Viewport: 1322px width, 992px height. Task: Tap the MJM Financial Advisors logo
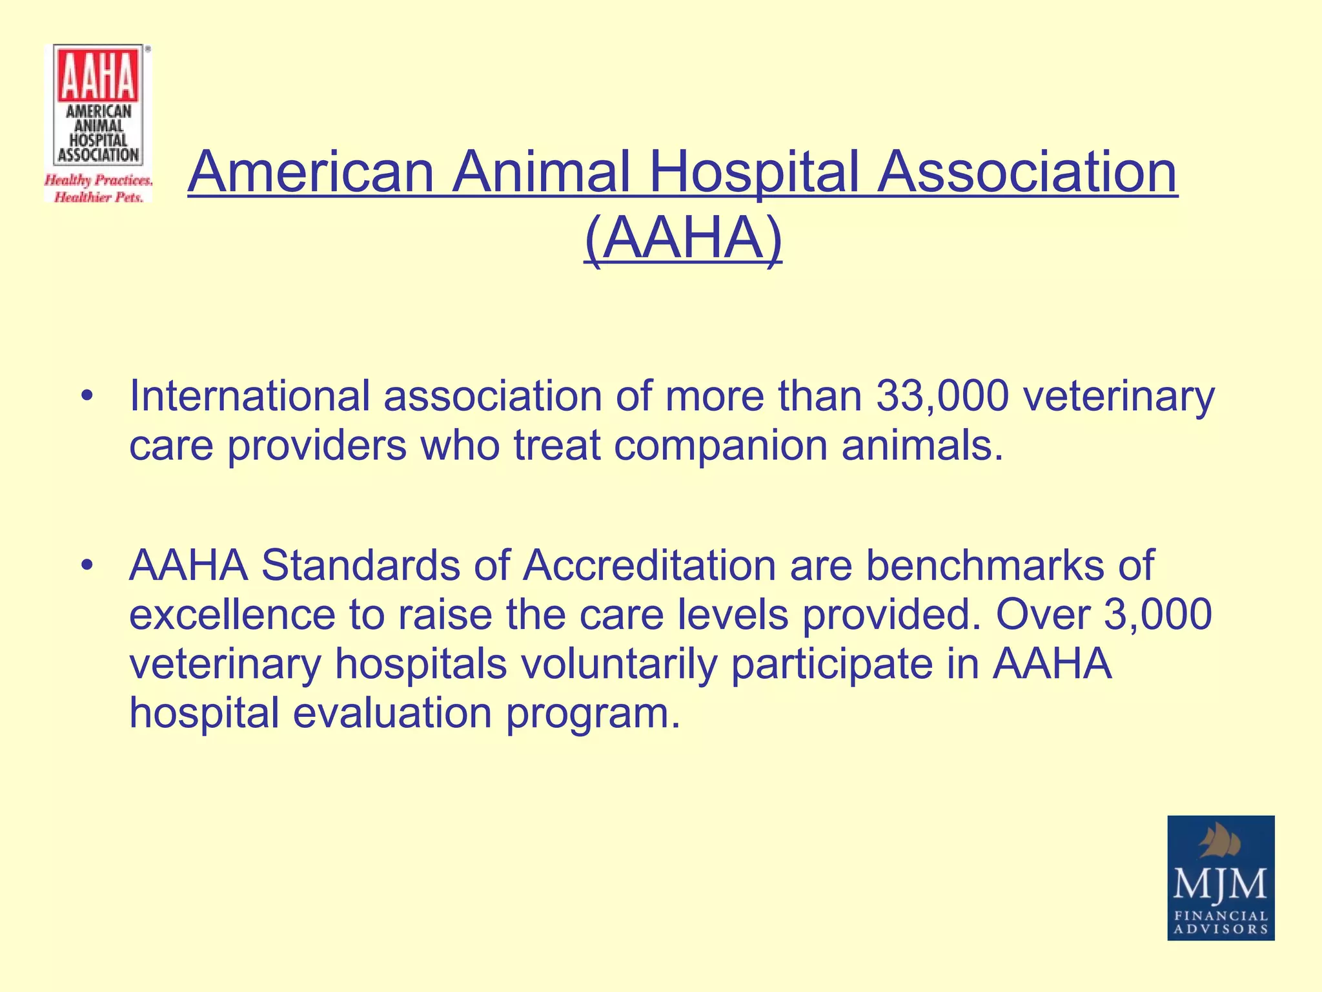click(1220, 877)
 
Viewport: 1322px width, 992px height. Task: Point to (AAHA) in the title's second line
click(683, 239)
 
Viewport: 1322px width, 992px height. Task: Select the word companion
click(720, 445)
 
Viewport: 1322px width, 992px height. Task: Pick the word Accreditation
click(649, 565)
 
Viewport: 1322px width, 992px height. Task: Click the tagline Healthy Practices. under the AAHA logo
click(98, 180)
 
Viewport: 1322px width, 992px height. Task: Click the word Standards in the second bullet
click(361, 565)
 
